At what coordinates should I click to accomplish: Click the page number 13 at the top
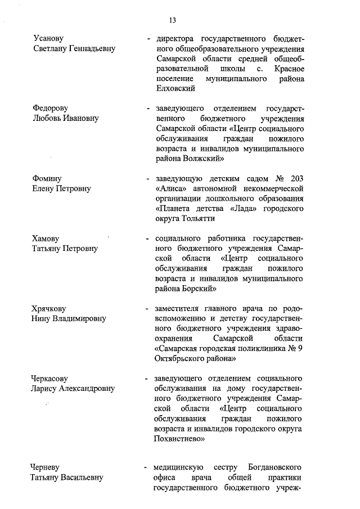click(173, 21)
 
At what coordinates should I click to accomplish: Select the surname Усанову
click(48, 39)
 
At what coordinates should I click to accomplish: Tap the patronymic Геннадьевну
click(91, 49)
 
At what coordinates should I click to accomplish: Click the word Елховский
click(175, 89)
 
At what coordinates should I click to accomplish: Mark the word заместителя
click(178, 309)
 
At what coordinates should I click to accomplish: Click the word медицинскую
click(177, 468)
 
